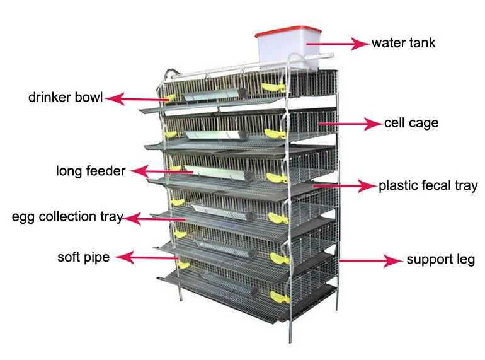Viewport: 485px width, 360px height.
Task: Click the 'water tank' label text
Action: (x=403, y=44)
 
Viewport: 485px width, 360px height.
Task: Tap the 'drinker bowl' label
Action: (x=66, y=98)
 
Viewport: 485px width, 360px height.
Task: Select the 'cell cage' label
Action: (x=411, y=123)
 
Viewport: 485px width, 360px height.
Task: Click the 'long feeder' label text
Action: (x=91, y=171)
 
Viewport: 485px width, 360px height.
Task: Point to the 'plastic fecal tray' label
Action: (x=428, y=186)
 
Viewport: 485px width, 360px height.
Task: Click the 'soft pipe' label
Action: (x=83, y=257)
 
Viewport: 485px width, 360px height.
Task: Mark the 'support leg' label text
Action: (x=440, y=259)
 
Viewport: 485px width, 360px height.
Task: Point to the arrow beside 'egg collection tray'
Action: (x=154, y=219)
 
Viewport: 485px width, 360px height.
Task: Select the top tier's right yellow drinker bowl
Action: (x=272, y=87)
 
